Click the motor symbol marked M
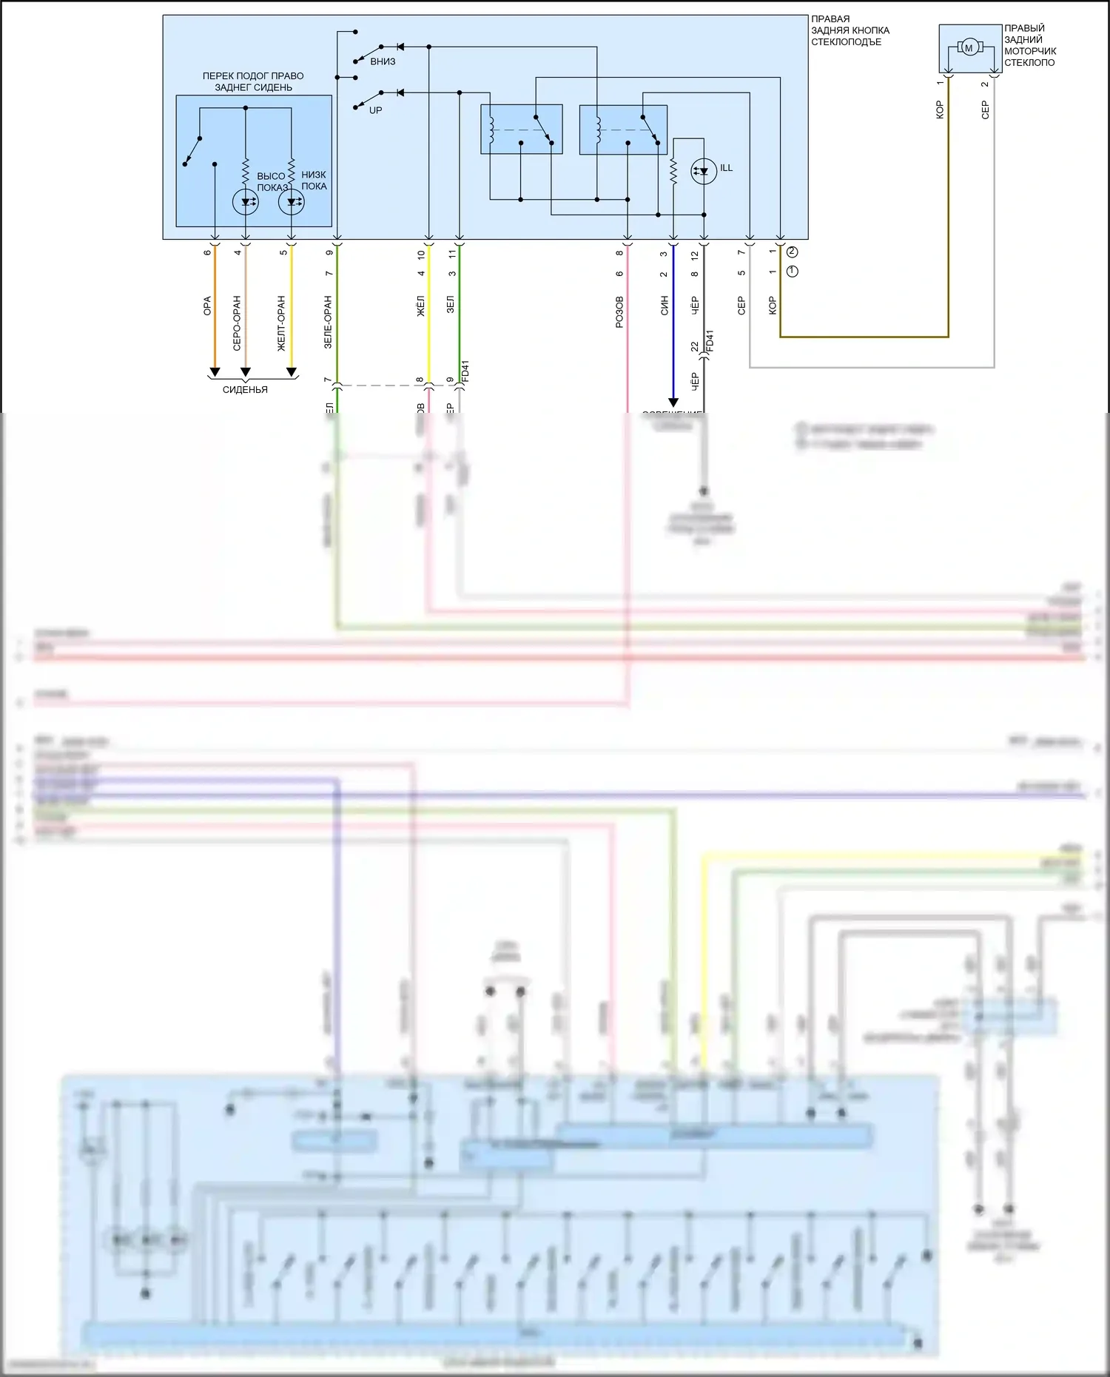(x=969, y=48)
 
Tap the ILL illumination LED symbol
(x=703, y=172)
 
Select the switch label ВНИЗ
(x=383, y=61)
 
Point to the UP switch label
(x=376, y=110)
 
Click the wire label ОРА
(x=207, y=306)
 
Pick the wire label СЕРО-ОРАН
(x=237, y=323)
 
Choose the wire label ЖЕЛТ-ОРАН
(x=281, y=323)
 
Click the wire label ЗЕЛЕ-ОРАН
(x=328, y=322)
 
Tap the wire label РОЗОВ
(x=619, y=312)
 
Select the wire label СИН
(x=664, y=306)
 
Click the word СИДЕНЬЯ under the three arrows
(x=245, y=390)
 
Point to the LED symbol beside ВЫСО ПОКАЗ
(x=245, y=201)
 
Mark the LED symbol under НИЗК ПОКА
(x=291, y=201)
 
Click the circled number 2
(x=793, y=252)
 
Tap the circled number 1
(x=793, y=272)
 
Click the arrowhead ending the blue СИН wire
(x=673, y=403)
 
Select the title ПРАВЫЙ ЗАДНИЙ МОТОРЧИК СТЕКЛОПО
(x=1029, y=46)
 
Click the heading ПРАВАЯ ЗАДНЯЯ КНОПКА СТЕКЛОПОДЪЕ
(x=850, y=30)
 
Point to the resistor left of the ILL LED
(x=673, y=172)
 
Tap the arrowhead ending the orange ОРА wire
(x=215, y=371)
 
